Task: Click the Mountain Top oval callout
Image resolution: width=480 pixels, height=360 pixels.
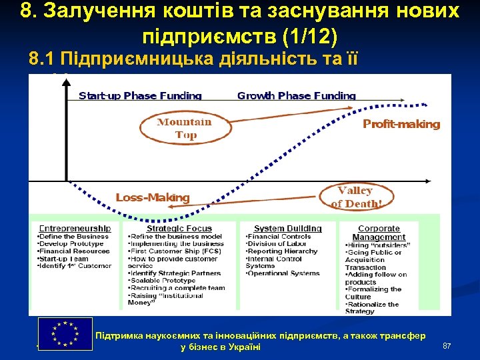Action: click(x=184, y=128)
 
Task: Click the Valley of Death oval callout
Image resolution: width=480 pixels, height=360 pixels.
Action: click(x=359, y=197)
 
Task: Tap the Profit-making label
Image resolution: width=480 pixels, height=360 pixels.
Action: click(x=401, y=124)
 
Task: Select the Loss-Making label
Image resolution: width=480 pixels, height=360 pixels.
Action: click(x=153, y=197)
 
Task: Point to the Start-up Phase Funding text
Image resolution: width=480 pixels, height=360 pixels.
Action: click(x=140, y=96)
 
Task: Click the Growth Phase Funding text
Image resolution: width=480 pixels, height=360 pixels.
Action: click(x=297, y=96)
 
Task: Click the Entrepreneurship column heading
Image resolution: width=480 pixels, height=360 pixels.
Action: click(x=75, y=229)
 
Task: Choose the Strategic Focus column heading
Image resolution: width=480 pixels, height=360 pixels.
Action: click(x=179, y=229)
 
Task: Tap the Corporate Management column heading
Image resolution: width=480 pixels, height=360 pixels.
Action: click(x=379, y=233)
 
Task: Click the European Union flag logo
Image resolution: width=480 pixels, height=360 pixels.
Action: click(x=65, y=333)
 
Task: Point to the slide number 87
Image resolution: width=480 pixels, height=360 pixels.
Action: click(x=447, y=346)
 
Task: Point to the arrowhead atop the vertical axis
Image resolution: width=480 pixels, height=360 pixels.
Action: click(x=66, y=81)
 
